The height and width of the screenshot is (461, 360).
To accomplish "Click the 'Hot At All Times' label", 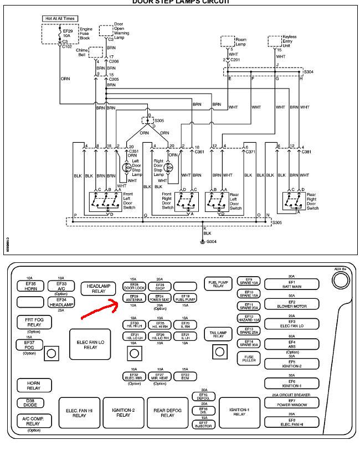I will [60, 18].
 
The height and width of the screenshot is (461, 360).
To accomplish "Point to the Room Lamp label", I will [240, 41].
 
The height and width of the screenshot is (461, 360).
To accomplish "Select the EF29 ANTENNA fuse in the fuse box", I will [135, 298].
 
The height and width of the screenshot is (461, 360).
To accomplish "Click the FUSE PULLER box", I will [248, 359].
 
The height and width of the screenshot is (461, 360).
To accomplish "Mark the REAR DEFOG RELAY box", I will [168, 412].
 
